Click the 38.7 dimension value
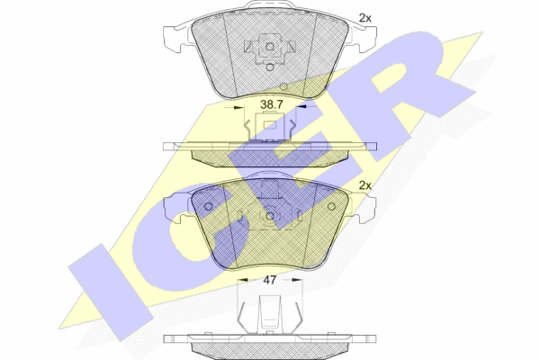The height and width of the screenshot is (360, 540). (x=272, y=104)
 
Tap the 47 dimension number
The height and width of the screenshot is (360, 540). (x=270, y=280)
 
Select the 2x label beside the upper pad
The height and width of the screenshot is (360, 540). (x=365, y=18)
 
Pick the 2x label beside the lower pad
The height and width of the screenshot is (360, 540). (x=365, y=185)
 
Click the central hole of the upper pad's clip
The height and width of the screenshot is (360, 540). (x=270, y=47)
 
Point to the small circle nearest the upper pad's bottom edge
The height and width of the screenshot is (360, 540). (x=283, y=86)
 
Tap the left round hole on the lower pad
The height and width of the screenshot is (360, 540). (x=209, y=206)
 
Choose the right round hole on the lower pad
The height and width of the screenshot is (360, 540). (x=331, y=206)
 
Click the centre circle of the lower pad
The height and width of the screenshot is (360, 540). (x=270, y=216)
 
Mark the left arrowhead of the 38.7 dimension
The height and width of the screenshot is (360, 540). (x=238, y=107)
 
